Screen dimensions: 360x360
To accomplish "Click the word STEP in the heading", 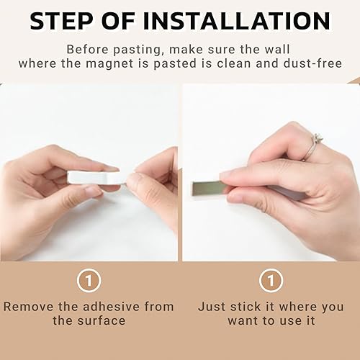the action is click(x=61, y=21).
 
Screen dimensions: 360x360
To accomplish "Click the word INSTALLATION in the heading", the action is click(x=237, y=21).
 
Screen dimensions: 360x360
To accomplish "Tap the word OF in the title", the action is click(x=118, y=21).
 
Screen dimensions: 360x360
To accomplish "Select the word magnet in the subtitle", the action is click(x=109, y=63).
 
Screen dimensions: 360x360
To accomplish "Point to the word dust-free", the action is click(x=312, y=63).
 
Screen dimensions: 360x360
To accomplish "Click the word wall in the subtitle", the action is click(x=277, y=50).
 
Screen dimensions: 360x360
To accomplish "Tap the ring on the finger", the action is click(x=312, y=147).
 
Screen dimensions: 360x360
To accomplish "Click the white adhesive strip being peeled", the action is click(x=96, y=178).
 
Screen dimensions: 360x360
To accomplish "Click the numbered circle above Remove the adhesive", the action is click(x=89, y=280).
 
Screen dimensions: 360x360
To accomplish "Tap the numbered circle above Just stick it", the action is click(x=271, y=280).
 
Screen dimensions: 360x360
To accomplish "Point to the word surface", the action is click(x=102, y=321).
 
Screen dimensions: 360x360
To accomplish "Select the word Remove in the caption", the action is click(x=29, y=307).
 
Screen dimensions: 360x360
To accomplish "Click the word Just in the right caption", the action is click(x=212, y=307).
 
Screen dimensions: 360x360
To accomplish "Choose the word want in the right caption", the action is click(x=242, y=321).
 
